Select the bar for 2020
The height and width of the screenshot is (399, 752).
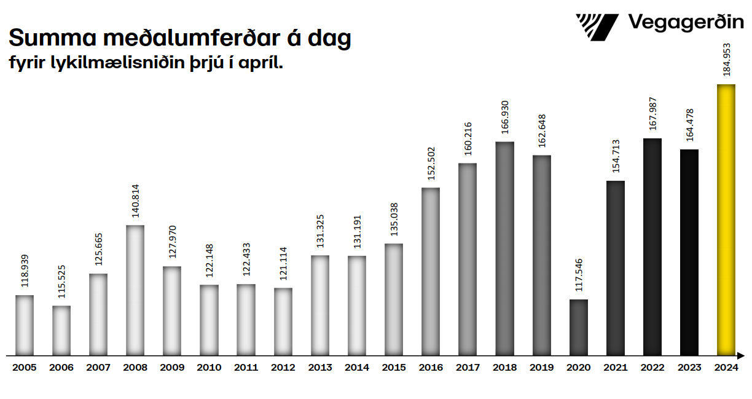[x=579, y=328]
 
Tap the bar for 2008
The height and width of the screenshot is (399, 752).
[x=135, y=290]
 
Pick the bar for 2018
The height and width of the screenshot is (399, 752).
[x=504, y=248]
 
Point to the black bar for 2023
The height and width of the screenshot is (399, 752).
[x=689, y=252]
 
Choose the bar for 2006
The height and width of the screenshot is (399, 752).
[x=61, y=331]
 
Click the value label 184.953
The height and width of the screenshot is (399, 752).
[x=727, y=60]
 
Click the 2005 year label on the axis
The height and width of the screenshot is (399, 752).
[x=25, y=368]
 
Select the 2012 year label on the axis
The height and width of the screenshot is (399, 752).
[x=283, y=368]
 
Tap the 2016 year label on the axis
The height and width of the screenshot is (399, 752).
[x=431, y=368]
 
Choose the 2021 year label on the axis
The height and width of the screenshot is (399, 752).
[x=616, y=368]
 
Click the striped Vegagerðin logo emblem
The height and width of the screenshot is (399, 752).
[x=597, y=26]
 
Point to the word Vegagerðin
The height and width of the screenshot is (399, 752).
[x=686, y=24]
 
